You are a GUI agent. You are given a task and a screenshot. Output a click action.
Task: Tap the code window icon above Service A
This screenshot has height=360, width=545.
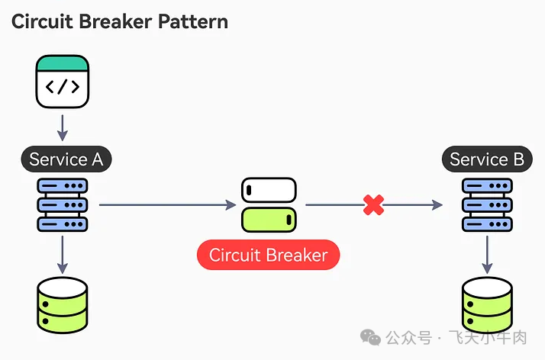pos(63,82)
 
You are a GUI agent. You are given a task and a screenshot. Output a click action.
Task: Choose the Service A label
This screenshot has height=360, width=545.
pos(66,159)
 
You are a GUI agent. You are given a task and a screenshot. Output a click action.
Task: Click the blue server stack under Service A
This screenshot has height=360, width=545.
pos(63,204)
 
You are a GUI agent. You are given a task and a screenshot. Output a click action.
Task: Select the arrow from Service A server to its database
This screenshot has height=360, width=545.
pos(63,255)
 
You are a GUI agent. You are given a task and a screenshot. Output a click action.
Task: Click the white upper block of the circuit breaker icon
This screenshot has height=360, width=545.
pos(269,190)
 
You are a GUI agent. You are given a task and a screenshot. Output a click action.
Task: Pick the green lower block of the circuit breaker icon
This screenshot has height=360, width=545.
pos(269,219)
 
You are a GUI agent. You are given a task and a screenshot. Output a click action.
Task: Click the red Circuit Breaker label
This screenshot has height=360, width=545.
pos(268,255)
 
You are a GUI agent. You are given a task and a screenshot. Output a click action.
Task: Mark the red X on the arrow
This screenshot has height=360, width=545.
pos(373,204)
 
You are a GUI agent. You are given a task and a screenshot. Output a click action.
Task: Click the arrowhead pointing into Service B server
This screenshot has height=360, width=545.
pos(437,204)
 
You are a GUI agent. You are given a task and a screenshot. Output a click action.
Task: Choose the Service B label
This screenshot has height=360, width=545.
pos(487,159)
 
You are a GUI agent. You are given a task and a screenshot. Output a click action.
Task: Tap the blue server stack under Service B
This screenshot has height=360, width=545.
pos(487,204)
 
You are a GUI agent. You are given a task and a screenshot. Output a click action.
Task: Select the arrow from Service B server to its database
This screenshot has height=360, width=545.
pos(487,255)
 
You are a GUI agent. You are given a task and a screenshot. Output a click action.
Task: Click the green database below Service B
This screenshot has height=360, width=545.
pos(487,304)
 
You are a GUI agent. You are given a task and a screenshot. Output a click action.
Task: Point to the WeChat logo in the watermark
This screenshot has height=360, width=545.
pos(372,336)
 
